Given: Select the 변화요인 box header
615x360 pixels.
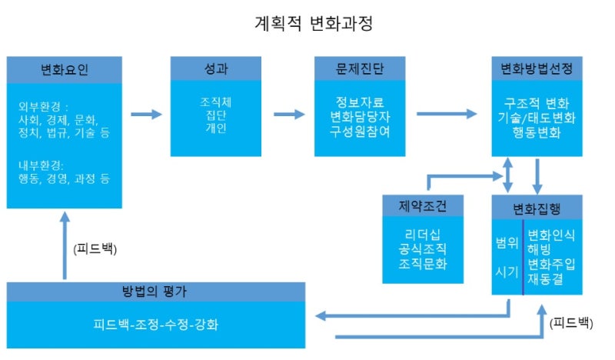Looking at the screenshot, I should coord(65,70).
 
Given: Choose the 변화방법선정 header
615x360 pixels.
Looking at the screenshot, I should coord(536,70).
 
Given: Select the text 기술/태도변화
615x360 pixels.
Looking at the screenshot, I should coord(536,118).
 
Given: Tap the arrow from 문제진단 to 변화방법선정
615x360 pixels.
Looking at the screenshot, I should coord(446,115).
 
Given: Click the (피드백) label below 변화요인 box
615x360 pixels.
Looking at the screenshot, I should coord(95,249).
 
